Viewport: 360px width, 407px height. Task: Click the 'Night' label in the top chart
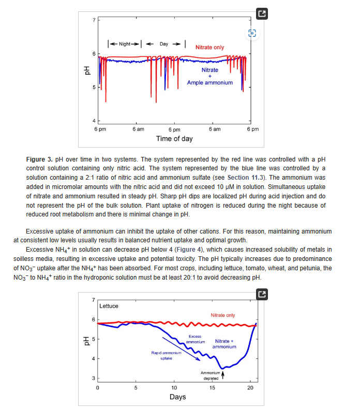point(124,43)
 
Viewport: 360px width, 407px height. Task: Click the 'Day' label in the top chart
point(163,43)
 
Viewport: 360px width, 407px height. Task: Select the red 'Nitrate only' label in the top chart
point(209,47)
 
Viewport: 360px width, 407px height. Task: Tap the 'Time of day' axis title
point(174,138)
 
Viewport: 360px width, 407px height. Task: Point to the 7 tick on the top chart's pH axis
point(94,20)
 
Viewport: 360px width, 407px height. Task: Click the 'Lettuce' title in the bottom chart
point(109,306)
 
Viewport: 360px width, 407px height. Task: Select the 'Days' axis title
point(177,397)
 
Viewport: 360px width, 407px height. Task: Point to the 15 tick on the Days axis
point(212,387)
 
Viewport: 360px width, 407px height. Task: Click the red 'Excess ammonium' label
point(195,339)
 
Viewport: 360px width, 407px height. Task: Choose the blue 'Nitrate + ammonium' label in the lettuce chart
point(224,344)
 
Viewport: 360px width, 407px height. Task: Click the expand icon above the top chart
point(262,15)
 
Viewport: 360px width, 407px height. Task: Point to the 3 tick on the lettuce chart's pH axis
point(93,379)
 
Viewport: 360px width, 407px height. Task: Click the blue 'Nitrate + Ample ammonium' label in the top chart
point(209,76)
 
